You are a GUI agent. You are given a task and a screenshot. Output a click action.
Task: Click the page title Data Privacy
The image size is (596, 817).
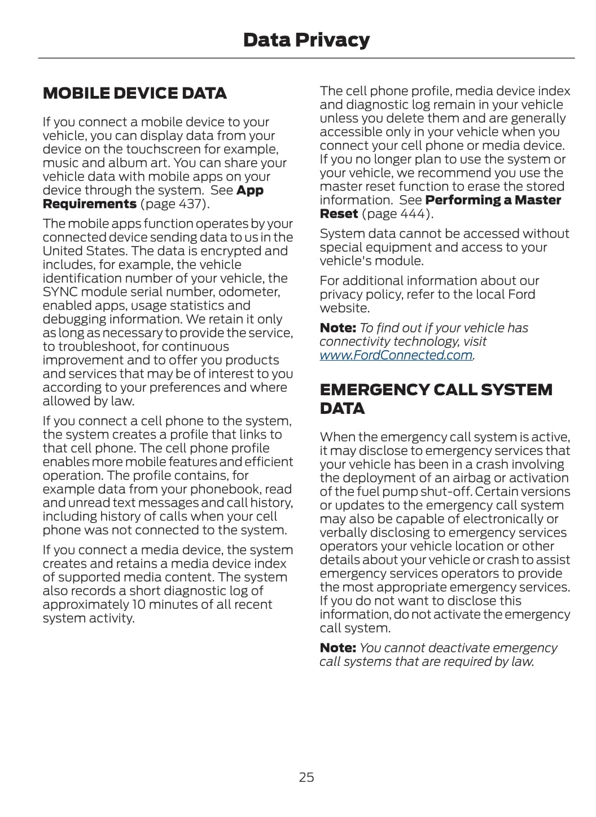tap(306, 40)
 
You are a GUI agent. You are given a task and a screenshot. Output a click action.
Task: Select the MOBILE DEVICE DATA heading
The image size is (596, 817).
tap(134, 93)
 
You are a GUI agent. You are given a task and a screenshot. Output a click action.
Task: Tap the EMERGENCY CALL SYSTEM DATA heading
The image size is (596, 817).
tap(436, 399)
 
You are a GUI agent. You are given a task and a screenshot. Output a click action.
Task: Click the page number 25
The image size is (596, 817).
tap(306, 777)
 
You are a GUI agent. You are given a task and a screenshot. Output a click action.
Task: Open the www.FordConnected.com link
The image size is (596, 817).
tap(396, 355)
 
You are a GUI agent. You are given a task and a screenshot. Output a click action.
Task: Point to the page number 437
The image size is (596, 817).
tap(192, 204)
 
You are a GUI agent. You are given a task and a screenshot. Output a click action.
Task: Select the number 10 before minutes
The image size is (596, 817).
tap(139, 604)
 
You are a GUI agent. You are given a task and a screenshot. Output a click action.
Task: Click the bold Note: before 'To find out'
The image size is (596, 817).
tap(338, 328)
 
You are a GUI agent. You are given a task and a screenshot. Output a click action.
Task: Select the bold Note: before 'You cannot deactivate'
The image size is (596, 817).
tap(338, 648)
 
